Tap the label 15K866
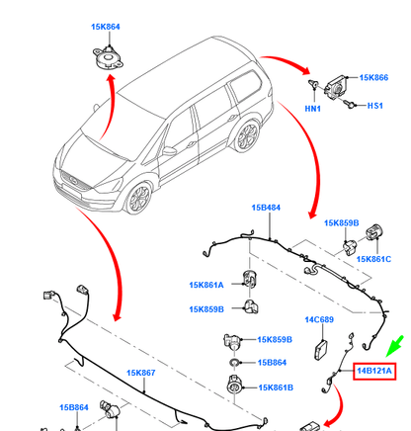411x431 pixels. tap(373, 77)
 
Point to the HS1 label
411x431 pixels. tap(374, 106)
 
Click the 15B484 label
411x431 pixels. tap(266, 209)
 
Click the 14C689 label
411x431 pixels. tap(321, 320)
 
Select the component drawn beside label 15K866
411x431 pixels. tap(339, 84)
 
